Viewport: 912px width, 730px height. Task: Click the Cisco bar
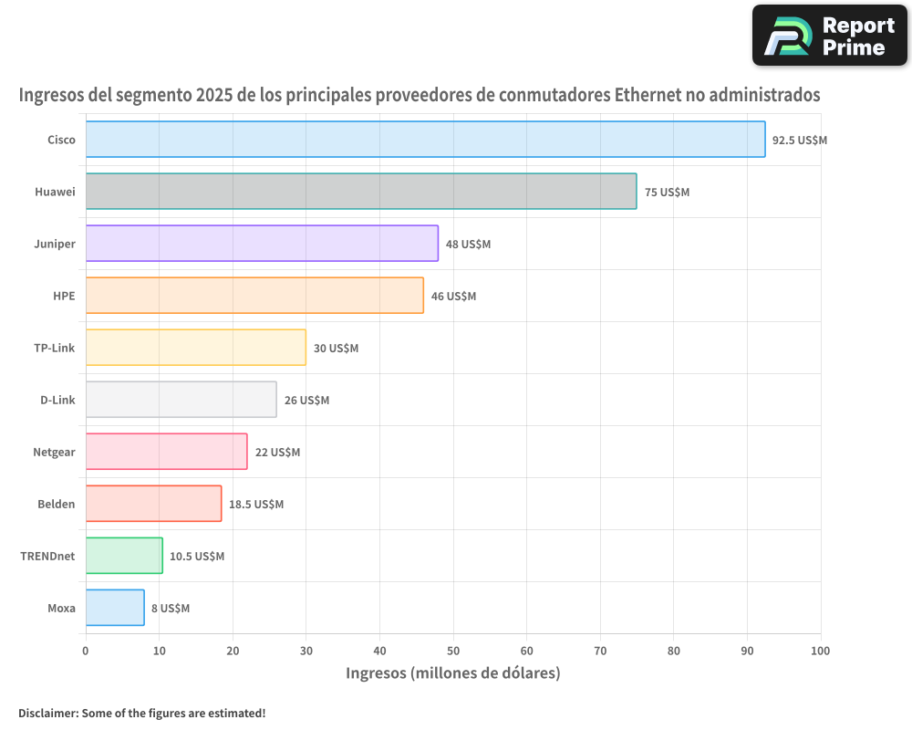point(425,140)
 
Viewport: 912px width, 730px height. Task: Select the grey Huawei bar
point(361,192)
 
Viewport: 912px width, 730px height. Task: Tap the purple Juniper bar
point(262,244)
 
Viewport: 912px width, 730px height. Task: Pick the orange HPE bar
point(254,296)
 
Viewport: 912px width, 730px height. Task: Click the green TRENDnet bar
point(124,556)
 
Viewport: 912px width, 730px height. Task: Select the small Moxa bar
point(115,608)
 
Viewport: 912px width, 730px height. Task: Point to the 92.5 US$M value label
point(799,141)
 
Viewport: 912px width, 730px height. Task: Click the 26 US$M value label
point(306,401)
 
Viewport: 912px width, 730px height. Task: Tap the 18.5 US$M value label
point(256,505)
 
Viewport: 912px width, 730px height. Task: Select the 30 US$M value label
point(336,349)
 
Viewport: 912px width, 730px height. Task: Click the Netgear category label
point(54,452)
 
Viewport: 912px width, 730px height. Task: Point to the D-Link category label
point(57,400)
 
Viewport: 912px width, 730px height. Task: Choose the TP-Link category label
point(55,348)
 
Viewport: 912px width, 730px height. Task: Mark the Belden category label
point(57,504)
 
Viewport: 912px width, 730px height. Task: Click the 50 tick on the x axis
point(453,651)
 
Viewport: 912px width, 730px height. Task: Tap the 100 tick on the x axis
point(820,651)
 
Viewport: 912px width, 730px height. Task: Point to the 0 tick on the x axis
point(86,651)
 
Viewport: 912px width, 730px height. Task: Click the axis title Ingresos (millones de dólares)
point(452,673)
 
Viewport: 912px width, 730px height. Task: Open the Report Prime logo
point(829,36)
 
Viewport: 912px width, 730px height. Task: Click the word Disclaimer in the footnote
point(47,713)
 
